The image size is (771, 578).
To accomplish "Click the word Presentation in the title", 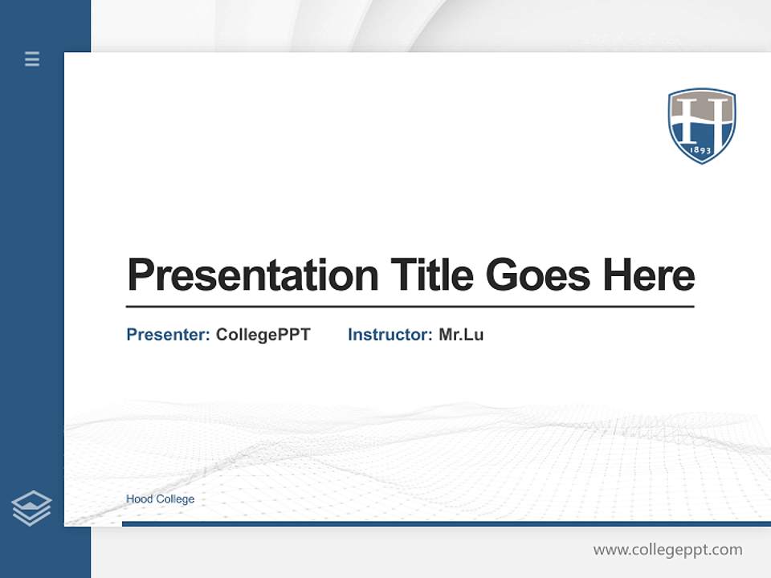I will click(252, 275).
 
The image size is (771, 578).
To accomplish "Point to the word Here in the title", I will click(649, 275).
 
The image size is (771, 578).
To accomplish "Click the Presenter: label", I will click(168, 335).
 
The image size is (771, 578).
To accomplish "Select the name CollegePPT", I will click(263, 335).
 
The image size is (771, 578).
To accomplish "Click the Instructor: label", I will click(390, 335).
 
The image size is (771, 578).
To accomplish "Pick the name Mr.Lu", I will click(461, 335).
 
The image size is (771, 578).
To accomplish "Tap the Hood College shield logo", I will click(702, 125).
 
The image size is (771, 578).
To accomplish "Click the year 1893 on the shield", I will click(702, 149).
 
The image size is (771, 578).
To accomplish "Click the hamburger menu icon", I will click(32, 59).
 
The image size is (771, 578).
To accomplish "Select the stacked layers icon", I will click(31, 508).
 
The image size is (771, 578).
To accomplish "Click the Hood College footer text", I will click(160, 499).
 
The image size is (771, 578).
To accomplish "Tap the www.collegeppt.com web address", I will click(667, 550).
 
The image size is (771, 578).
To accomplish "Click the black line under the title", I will click(410, 306).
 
